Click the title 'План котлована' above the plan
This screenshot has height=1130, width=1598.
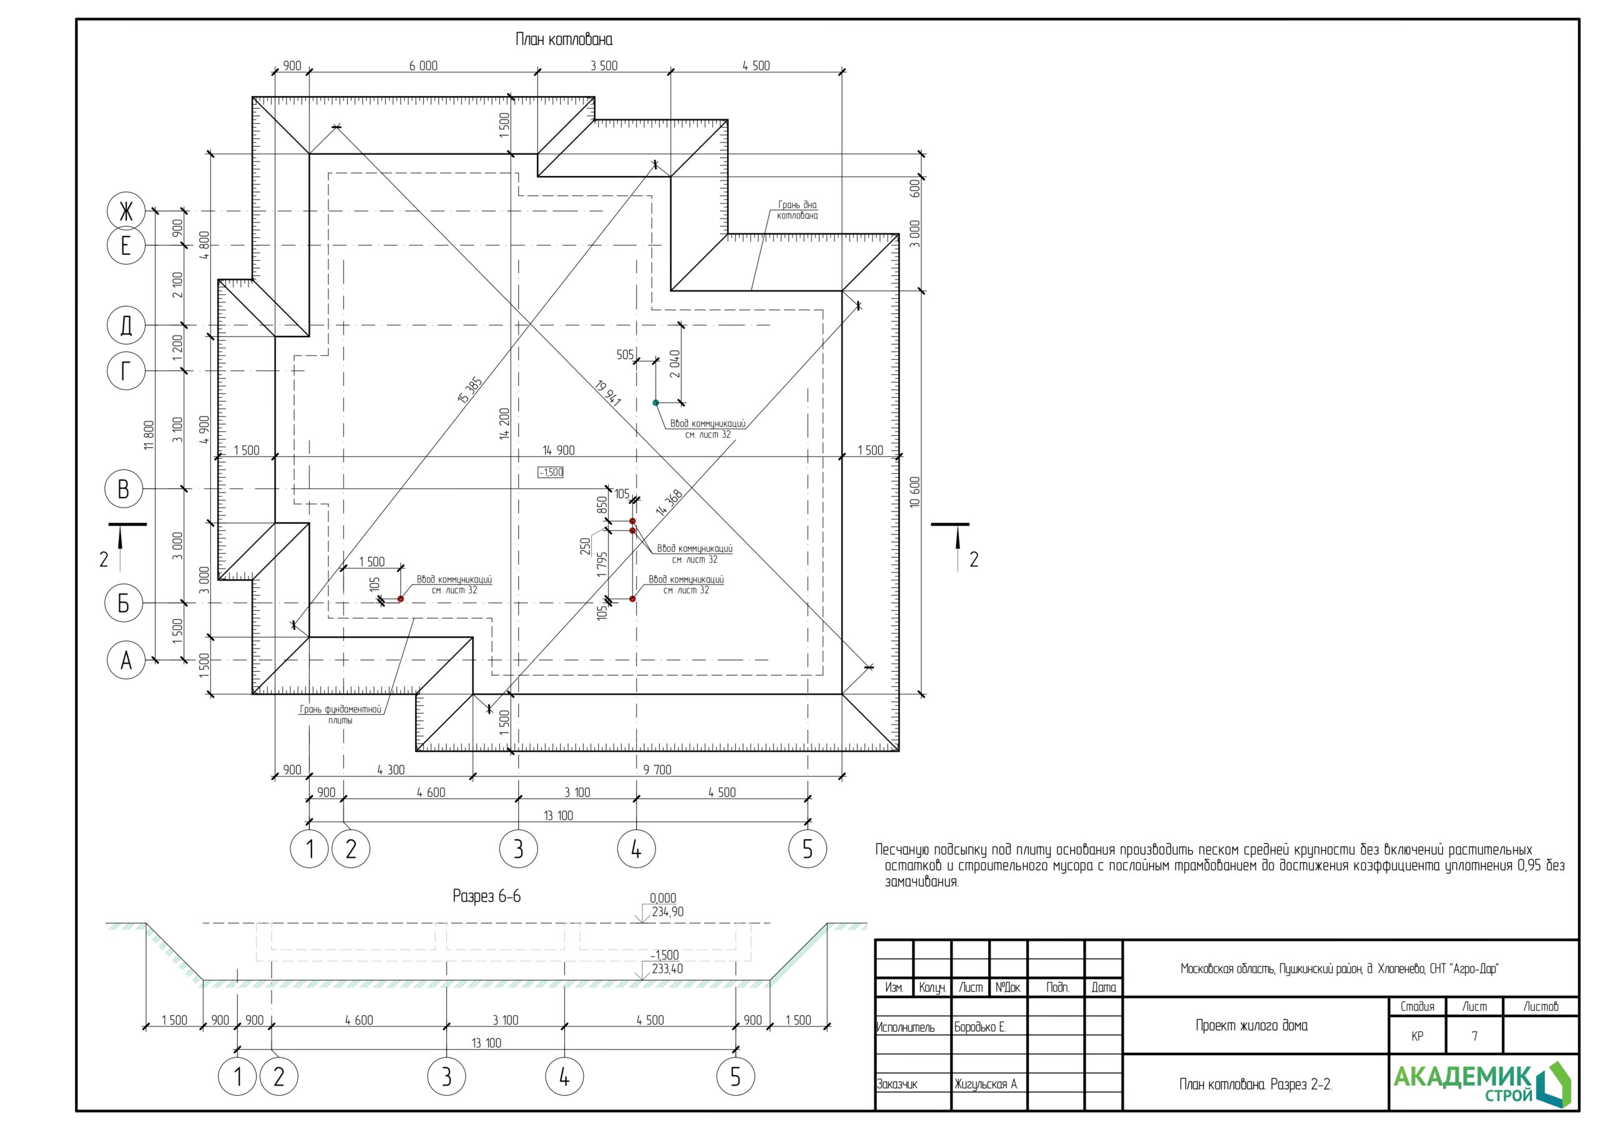[564, 40]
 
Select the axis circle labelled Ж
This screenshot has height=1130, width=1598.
[126, 211]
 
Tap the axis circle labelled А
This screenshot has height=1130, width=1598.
[126, 660]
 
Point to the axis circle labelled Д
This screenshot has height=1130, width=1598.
[126, 325]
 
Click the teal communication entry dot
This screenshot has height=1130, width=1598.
[655, 403]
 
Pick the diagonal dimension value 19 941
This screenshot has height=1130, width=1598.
[608, 393]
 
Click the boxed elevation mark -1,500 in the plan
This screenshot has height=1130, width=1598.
[551, 472]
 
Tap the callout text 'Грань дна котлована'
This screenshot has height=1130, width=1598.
[798, 210]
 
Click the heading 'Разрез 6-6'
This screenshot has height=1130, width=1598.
[486, 896]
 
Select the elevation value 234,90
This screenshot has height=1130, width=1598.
[667, 911]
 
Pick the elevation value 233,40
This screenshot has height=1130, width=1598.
[667, 968]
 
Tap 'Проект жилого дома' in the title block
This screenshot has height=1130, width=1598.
[1252, 1026]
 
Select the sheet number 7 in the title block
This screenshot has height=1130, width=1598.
[1474, 1036]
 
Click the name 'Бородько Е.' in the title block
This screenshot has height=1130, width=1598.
[980, 1027]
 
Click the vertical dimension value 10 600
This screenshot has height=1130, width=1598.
[914, 491]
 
